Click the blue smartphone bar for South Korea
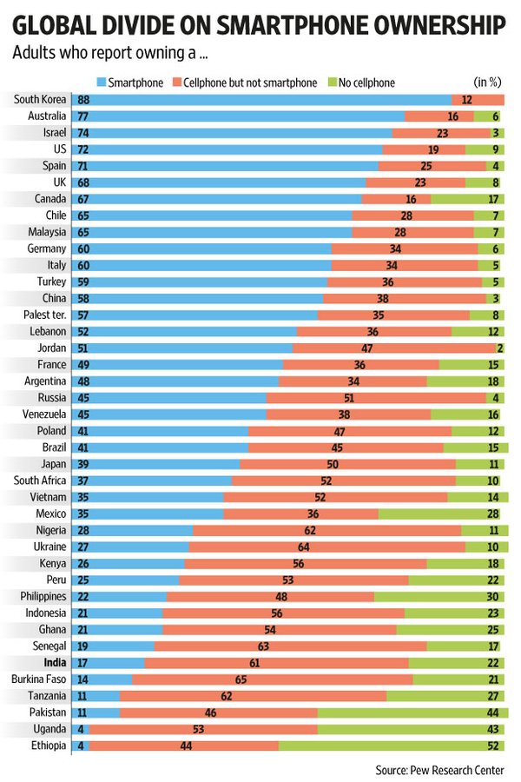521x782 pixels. [260, 100]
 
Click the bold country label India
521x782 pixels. [54, 663]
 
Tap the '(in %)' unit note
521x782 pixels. [489, 83]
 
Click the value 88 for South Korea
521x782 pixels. [83, 100]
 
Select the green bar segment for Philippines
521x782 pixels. [439, 597]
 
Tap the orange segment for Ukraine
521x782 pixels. [326, 547]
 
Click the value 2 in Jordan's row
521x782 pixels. [500, 348]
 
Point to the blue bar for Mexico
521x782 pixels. [148, 514]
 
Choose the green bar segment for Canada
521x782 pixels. [467, 199]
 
